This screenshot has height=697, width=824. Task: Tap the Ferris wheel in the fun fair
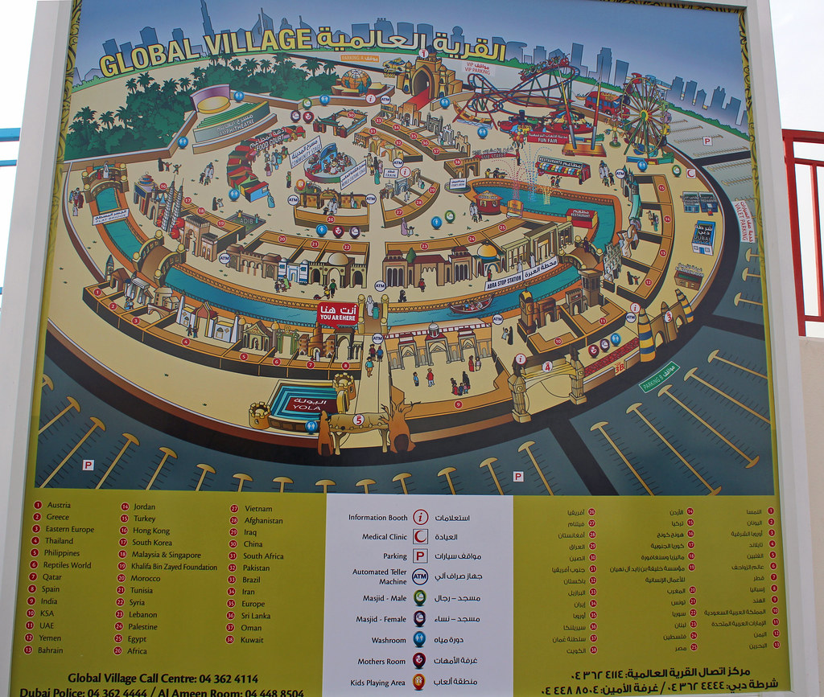click(x=644, y=114)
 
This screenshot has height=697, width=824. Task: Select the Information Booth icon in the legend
click(x=420, y=517)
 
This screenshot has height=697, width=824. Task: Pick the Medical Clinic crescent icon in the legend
click(x=420, y=536)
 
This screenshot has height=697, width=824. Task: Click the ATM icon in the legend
click(x=420, y=576)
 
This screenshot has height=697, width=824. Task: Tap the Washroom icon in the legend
click(x=420, y=640)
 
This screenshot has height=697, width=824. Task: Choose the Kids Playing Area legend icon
click(x=419, y=682)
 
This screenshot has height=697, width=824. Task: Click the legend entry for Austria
click(x=59, y=505)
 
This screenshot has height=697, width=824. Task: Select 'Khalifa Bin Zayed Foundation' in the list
click(x=174, y=567)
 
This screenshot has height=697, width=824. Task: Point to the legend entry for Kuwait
click(x=252, y=640)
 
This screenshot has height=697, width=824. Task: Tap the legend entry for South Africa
click(x=263, y=556)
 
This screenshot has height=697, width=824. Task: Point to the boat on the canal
click(x=471, y=305)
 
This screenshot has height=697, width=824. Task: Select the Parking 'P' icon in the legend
click(x=420, y=556)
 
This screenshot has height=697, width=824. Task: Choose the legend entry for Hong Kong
click(x=151, y=531)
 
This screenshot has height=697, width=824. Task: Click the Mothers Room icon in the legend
click(x=419, y=661)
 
